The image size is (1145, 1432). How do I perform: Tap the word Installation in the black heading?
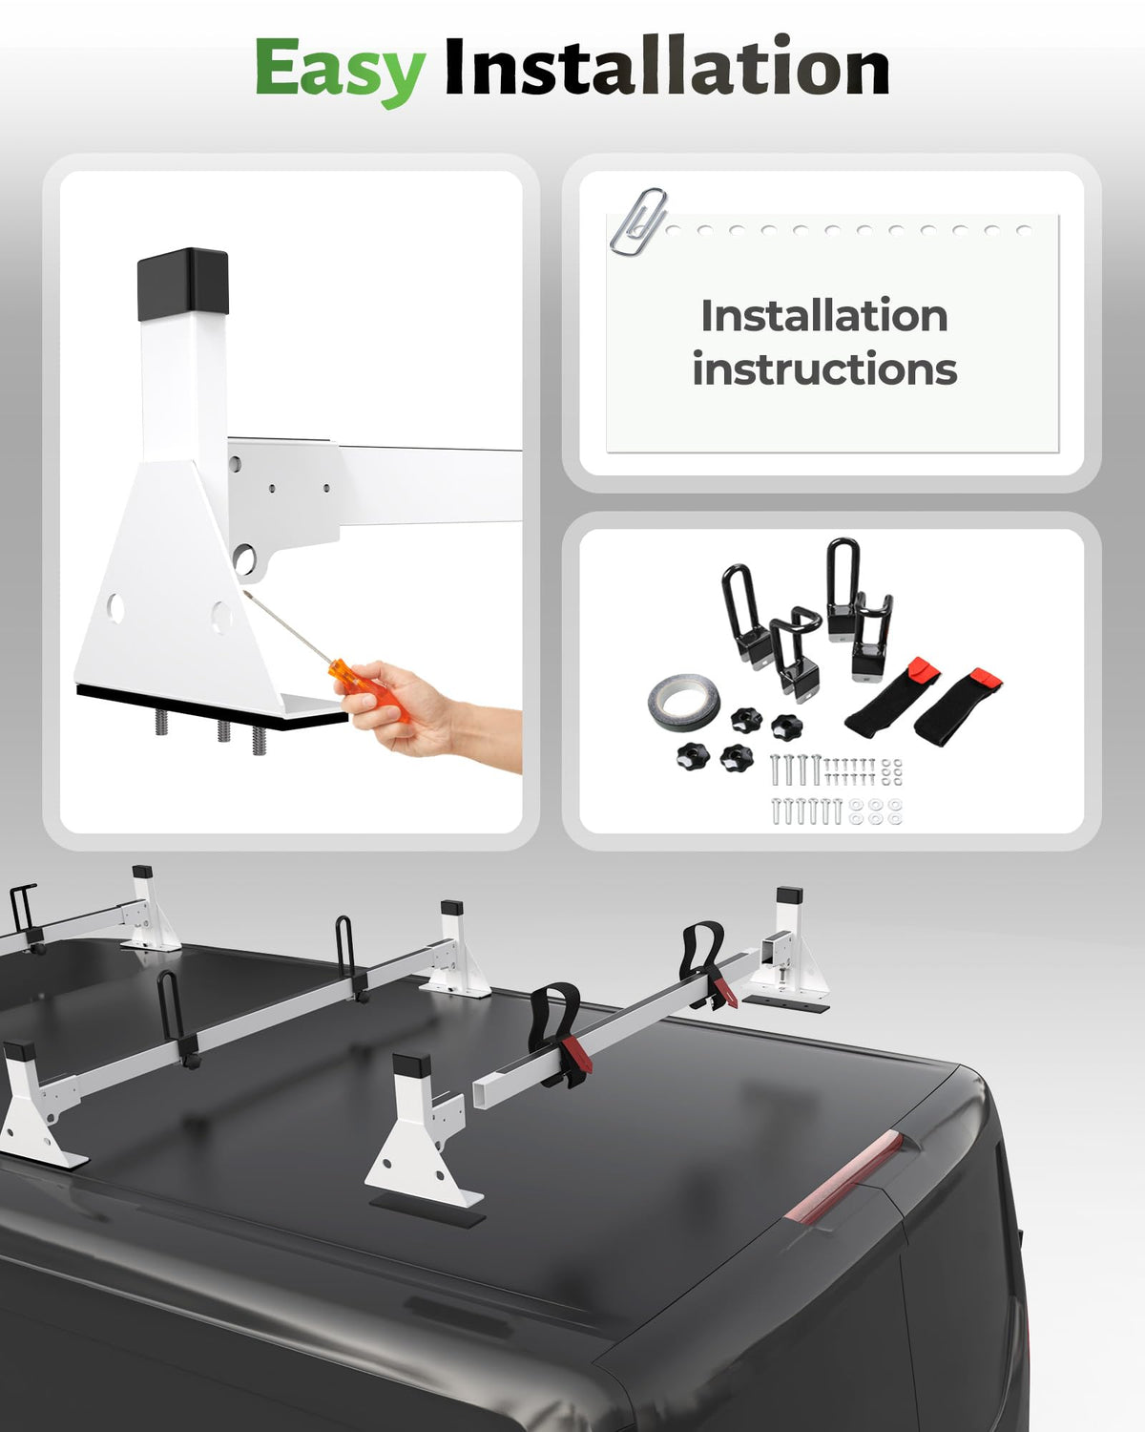pyautogui.click(x=667, y=66)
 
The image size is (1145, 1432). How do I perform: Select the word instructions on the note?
pyautogui.click(x=824, y=369)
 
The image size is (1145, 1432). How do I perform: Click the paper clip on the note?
pyautogui.click(x=638, y=221)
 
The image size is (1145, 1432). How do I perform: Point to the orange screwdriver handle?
pyautogui.click(x=368, y=689)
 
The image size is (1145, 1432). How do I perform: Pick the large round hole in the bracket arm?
pyautogui.click(x=244, y=559)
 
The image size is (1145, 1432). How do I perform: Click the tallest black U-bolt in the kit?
pyautogui.click(x=843, y=589)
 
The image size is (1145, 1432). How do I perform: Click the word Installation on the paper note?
pyautogui.click(x=824, y=315)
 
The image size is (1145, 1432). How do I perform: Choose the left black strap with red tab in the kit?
pyautogui.click(x=891, y=697)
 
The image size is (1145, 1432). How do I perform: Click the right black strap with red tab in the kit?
pyautogui.click(x=957, y=706)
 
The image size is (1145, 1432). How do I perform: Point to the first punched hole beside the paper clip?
pyautogui.click(x=674, y=230)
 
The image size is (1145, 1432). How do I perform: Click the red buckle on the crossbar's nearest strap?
pyautogui.click(x=575, y=1051)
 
